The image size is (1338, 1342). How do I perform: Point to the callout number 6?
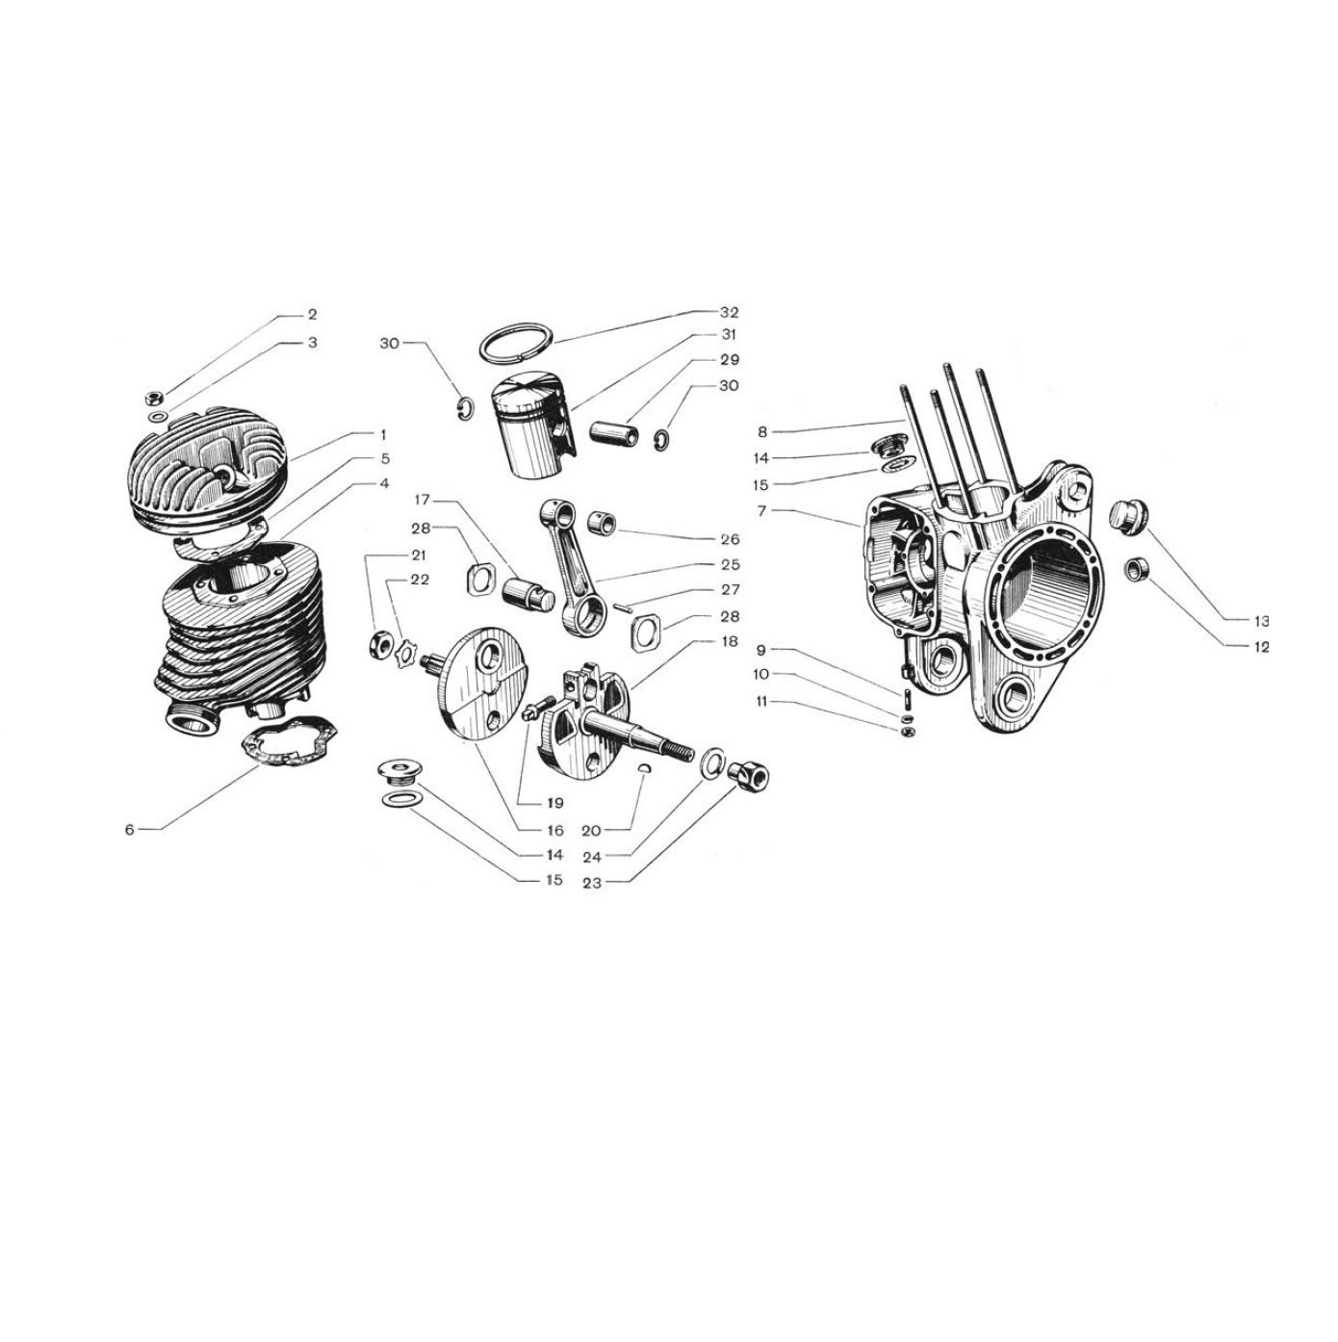pos(129,830)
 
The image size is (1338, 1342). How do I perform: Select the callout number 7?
pos(762,510)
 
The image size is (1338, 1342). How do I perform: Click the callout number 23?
pos(591,883)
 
